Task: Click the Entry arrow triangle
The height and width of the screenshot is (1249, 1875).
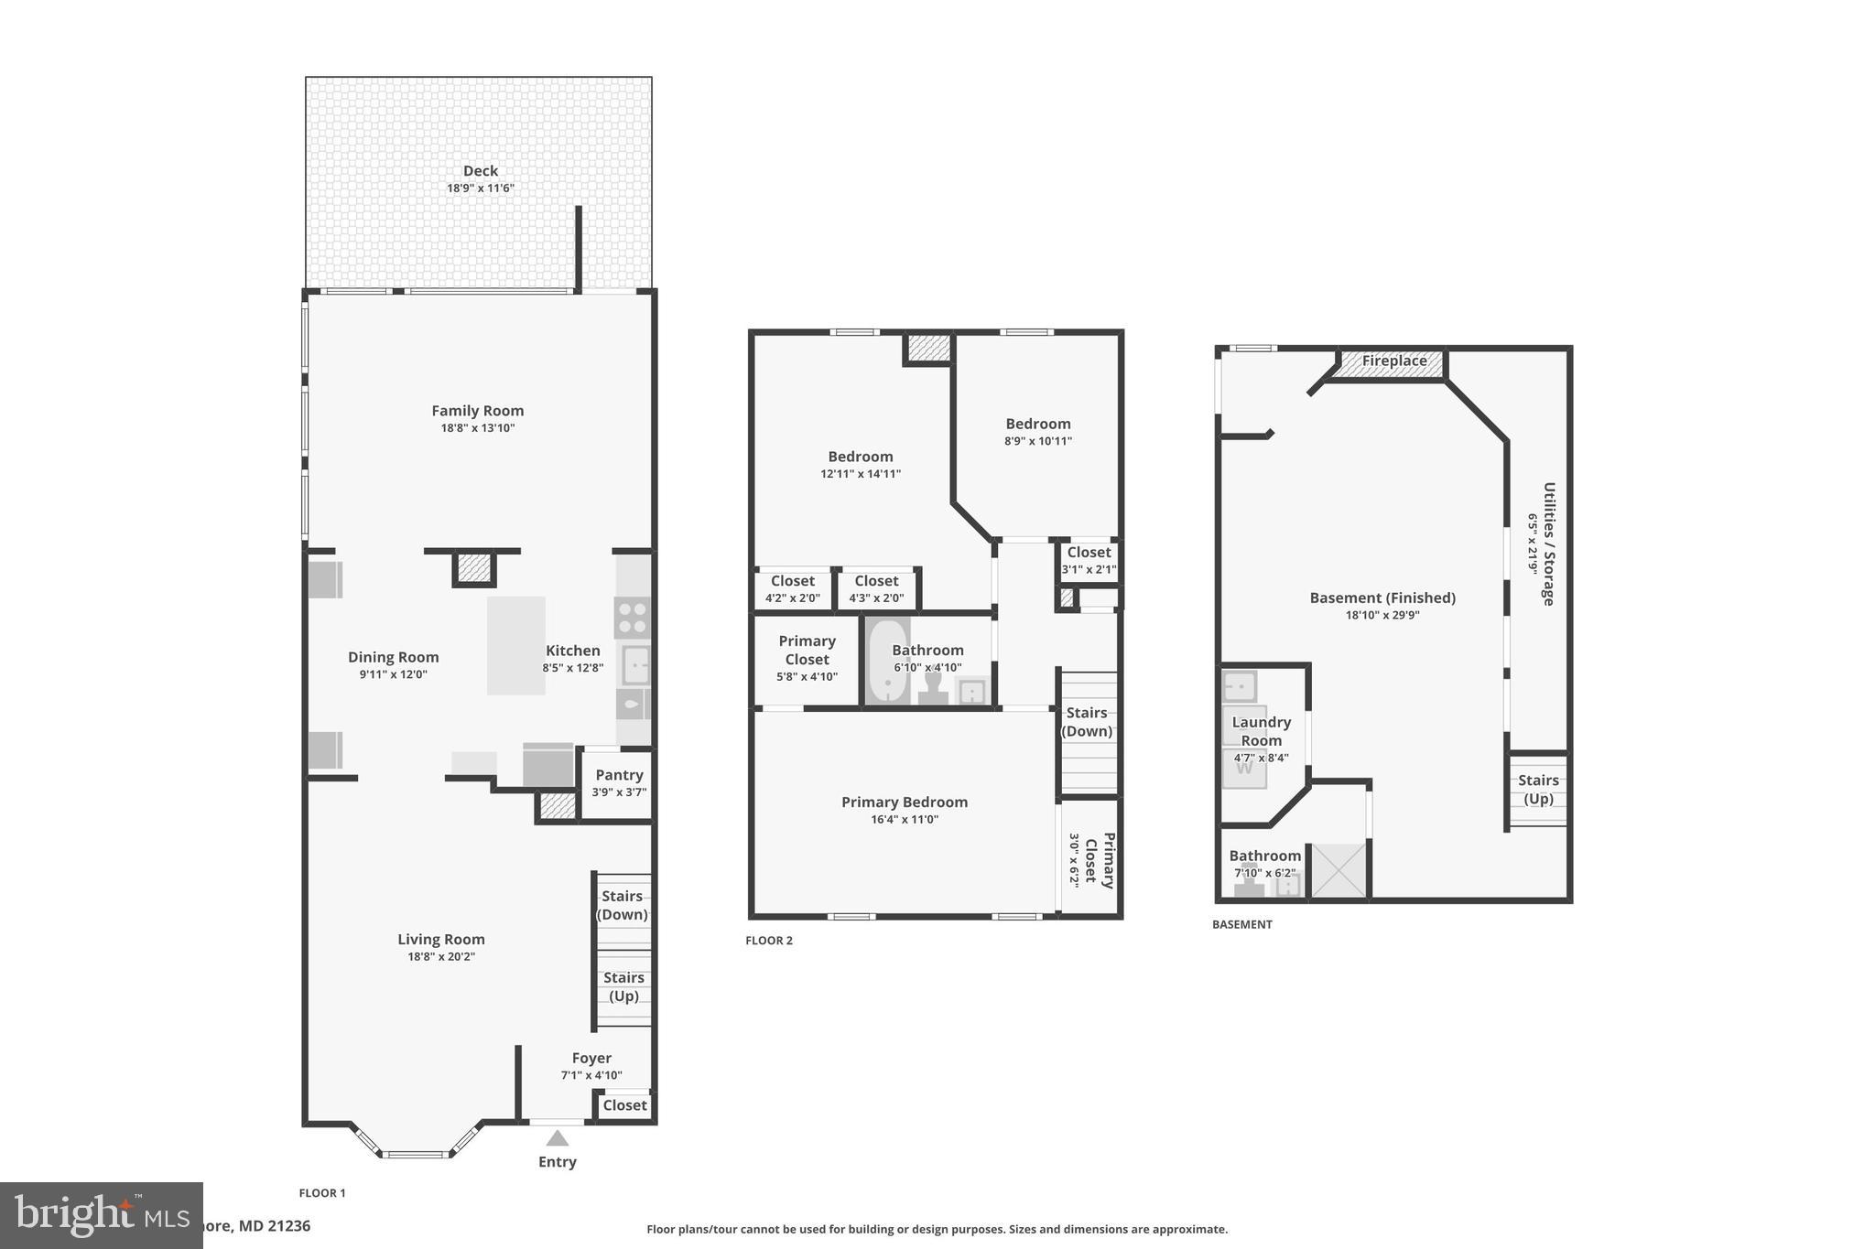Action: [x=558, y=1138]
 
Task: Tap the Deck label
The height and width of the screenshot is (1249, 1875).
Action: [x=480, y=171]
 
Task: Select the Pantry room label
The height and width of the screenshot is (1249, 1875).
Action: [x=619, y=775]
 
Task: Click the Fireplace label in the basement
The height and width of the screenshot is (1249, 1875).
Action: [x=1393, y=361]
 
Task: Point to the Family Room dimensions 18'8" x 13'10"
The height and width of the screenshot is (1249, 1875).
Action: [x=478, y=428]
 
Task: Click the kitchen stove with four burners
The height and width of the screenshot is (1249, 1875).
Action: [x=632, y=618]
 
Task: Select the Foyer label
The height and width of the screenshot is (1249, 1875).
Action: [x=591, y=1058]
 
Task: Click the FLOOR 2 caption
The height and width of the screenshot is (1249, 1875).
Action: [x=769, y=941]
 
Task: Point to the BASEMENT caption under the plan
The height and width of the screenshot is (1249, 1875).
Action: [x=1241, y=925]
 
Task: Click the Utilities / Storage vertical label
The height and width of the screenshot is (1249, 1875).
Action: [x=1548, y=544]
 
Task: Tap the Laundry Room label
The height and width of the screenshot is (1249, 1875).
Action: [x=1261, y=731]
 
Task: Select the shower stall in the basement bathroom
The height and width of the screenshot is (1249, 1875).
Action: [x=1339, y=870]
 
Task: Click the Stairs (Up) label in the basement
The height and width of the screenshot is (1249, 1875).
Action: [x=1538, y=789]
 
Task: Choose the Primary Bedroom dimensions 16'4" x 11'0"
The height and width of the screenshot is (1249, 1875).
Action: [x=905, y=820]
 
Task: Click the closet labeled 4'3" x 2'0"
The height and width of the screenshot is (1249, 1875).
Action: [x=876, y=588]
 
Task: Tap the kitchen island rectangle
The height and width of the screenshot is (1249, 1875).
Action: [x=515, y=645]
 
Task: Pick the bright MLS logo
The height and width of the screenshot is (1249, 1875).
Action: [x=101, y=1215]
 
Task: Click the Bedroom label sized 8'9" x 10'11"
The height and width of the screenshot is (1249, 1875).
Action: [x=1037, y=424]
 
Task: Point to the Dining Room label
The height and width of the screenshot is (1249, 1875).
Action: [x=393, y=657]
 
